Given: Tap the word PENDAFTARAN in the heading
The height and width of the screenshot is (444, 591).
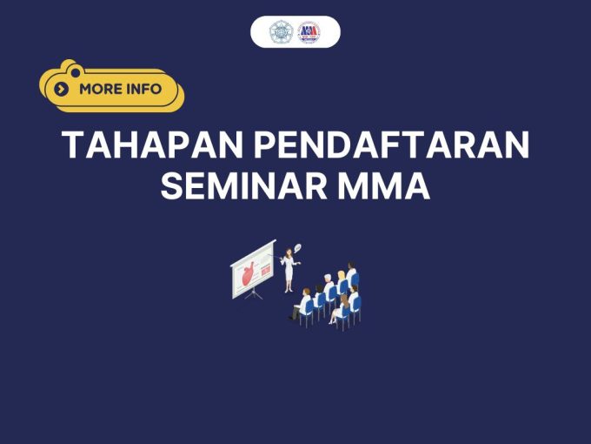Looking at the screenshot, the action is [x=392, y=145].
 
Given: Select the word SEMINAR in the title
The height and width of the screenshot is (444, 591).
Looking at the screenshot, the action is [x=244, y=185].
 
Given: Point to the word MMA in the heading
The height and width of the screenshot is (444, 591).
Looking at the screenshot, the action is [x=384, y=185].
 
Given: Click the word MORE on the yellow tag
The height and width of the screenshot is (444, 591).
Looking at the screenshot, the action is [x=102, y=89].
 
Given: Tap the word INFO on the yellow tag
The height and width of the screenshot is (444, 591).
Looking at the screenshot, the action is [x=144, y=89].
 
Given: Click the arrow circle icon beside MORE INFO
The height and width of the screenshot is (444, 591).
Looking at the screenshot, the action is [x=62, y=90].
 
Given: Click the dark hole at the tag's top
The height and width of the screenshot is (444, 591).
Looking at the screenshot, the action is [x=76, y=71].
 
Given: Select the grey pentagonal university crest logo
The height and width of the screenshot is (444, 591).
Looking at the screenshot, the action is [x=281, y=32].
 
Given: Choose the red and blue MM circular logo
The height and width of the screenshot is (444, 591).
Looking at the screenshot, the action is [x=309, y=32].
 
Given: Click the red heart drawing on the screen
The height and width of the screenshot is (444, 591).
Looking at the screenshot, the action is [x=248, y=273].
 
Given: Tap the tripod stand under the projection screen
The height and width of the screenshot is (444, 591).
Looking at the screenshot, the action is [x=254, y=293].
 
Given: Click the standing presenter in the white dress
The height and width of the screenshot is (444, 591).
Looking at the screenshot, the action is [x=289, y=270].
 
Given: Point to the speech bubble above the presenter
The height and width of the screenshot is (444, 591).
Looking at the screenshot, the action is [x=297, y=248].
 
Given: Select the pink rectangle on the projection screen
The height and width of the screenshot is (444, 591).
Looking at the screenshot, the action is [x=266, y=270].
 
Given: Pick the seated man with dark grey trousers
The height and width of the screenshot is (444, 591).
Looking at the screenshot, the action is [x=301, y=305].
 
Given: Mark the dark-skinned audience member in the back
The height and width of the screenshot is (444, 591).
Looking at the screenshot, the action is [x=351, y=271].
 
